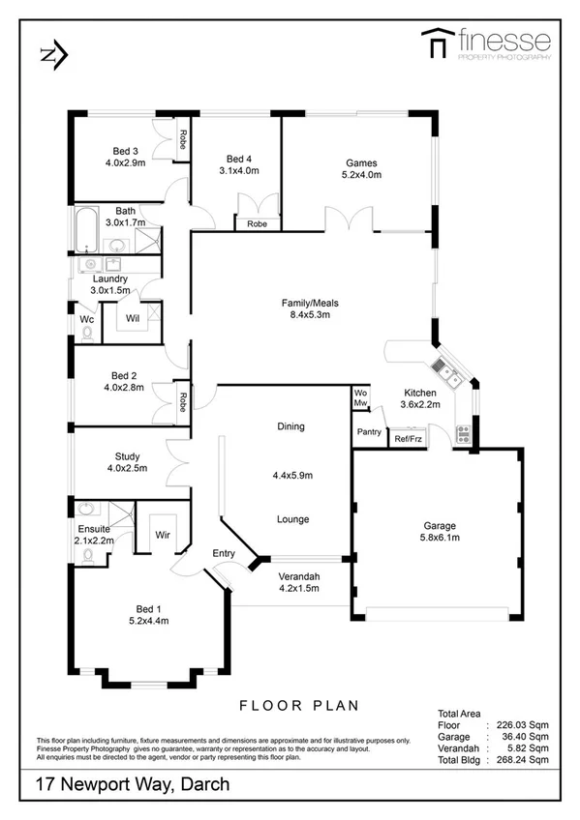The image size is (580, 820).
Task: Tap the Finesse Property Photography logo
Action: [x=486, y=44]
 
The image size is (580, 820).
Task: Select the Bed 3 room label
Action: [x=126, y=151]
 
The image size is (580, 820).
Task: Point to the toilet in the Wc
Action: [x=87, y=331]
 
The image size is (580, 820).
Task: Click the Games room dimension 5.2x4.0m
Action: [x=362, y=175]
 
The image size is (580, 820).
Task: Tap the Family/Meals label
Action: [x=309, y=302]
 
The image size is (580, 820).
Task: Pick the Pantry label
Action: [x=368, y=432]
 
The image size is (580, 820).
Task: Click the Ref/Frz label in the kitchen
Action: [x=408, y=439]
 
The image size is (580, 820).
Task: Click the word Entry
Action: [x=224, y=552]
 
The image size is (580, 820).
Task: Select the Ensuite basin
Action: [x=85, y=510]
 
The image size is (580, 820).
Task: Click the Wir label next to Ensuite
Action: [x=162, y=533]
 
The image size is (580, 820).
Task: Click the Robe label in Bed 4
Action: [x=257, y=224]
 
